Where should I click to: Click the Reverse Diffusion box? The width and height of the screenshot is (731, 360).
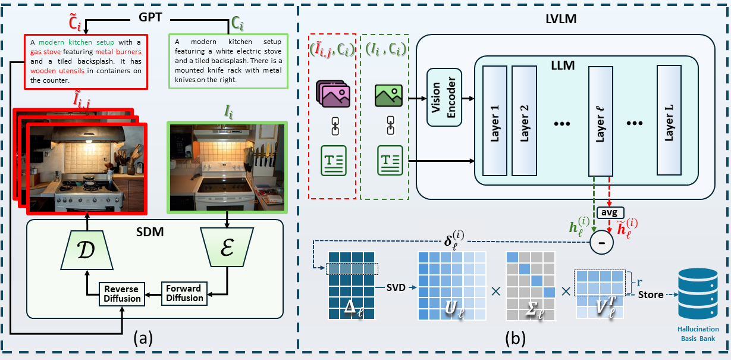[x=122, y=293]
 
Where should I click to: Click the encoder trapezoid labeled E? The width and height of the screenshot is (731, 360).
[x=227, y=246]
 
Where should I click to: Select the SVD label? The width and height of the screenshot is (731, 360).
[x=395, y=287]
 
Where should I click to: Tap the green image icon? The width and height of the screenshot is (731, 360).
[x=388, y=95]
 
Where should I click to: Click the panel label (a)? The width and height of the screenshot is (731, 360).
[x=144, y=339]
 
